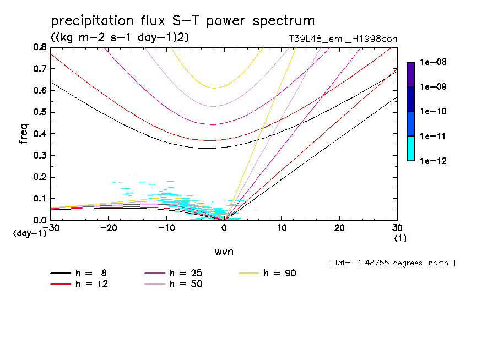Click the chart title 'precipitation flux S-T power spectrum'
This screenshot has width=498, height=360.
click(x=183, y=21)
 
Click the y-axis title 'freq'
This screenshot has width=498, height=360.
click(x=24, y=134)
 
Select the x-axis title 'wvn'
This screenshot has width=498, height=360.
click(x=224, y=252)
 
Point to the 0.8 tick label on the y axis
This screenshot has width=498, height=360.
click(x=39, y=47)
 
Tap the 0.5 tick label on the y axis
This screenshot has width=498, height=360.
click(x=39, y=112)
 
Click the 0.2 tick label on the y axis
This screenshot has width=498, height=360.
click(x=39, y=177)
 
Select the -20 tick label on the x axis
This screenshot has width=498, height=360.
click(x=109, y=228)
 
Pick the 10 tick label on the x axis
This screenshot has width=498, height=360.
click(x=282, y=228)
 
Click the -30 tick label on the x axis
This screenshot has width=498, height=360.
click(x=51, y=228)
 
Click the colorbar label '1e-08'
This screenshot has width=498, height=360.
click(x=434, y=62)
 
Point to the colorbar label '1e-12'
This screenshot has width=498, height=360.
click(x=434, y=161)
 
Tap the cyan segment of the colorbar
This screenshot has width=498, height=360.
click(x=410, y=148)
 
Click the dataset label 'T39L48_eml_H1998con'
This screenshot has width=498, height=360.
click(x=339, y=39)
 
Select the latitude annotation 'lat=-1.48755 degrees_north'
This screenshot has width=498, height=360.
click(x=392, y=263)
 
